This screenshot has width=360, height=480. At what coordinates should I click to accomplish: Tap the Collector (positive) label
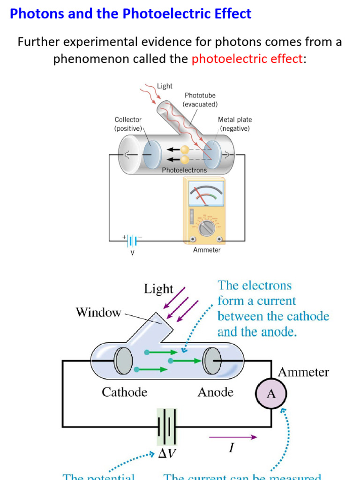tap(128, 124)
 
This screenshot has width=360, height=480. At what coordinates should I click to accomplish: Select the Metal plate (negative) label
tap(235, 124)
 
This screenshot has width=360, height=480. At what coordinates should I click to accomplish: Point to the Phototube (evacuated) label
tap(200, 100)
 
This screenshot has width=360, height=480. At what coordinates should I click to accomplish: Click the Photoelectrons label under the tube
tap(184, 170)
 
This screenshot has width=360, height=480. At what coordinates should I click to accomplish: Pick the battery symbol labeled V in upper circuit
tap(132, 241)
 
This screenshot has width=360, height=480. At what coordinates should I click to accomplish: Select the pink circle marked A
tap(271, 394)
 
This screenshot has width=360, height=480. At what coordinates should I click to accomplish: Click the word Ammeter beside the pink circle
tap(303, 373)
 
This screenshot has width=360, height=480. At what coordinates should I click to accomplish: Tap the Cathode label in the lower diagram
tap(124, 392)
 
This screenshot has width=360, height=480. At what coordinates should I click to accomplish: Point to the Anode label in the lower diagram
tap(215, 392)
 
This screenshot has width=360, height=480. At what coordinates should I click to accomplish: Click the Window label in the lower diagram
tap(98, 312)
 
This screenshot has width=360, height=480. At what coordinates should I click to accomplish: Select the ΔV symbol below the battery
tap(168, 453)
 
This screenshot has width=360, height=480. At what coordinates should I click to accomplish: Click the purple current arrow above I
tap(232, 437)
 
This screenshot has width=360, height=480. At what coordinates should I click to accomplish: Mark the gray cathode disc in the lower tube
tap(124, 361)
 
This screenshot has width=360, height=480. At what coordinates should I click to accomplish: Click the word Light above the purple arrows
tap(158, 289)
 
